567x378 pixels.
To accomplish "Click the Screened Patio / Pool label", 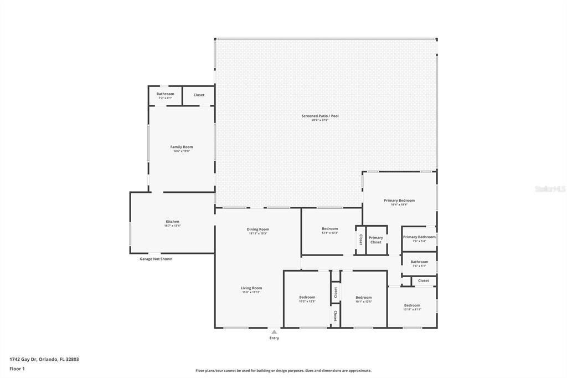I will [x=319, y=116].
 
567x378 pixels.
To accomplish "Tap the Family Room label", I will [x=181, y=147].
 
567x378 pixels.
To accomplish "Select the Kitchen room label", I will [x=172, y=222].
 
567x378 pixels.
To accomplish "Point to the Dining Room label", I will [x=257, y=229].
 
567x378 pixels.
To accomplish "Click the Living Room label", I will [x=251, y=288].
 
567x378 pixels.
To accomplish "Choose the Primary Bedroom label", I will [x=399, y=201].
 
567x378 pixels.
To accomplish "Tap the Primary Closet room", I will [x=376, y=240].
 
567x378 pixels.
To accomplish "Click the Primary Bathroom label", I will [x=419, y=237].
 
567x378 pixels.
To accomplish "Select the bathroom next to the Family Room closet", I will [x=165, y=95].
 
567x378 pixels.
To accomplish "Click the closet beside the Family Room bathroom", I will [x=199, y=95].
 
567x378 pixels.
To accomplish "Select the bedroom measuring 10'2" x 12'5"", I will [x=307, y=298].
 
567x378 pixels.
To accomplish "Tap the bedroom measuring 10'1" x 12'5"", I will [x=363, y=298].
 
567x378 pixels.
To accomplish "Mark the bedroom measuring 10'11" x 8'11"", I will [x=412, y=306].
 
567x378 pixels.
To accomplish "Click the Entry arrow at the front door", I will [x=274, y=333].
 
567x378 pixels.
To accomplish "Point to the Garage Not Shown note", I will [x=156, y=259].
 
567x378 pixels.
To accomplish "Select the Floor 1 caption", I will [x=17, y=369].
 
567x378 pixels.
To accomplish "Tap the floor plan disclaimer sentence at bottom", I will [x=283, y=371].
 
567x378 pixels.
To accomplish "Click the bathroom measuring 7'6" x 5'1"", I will [x=419, y=262].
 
